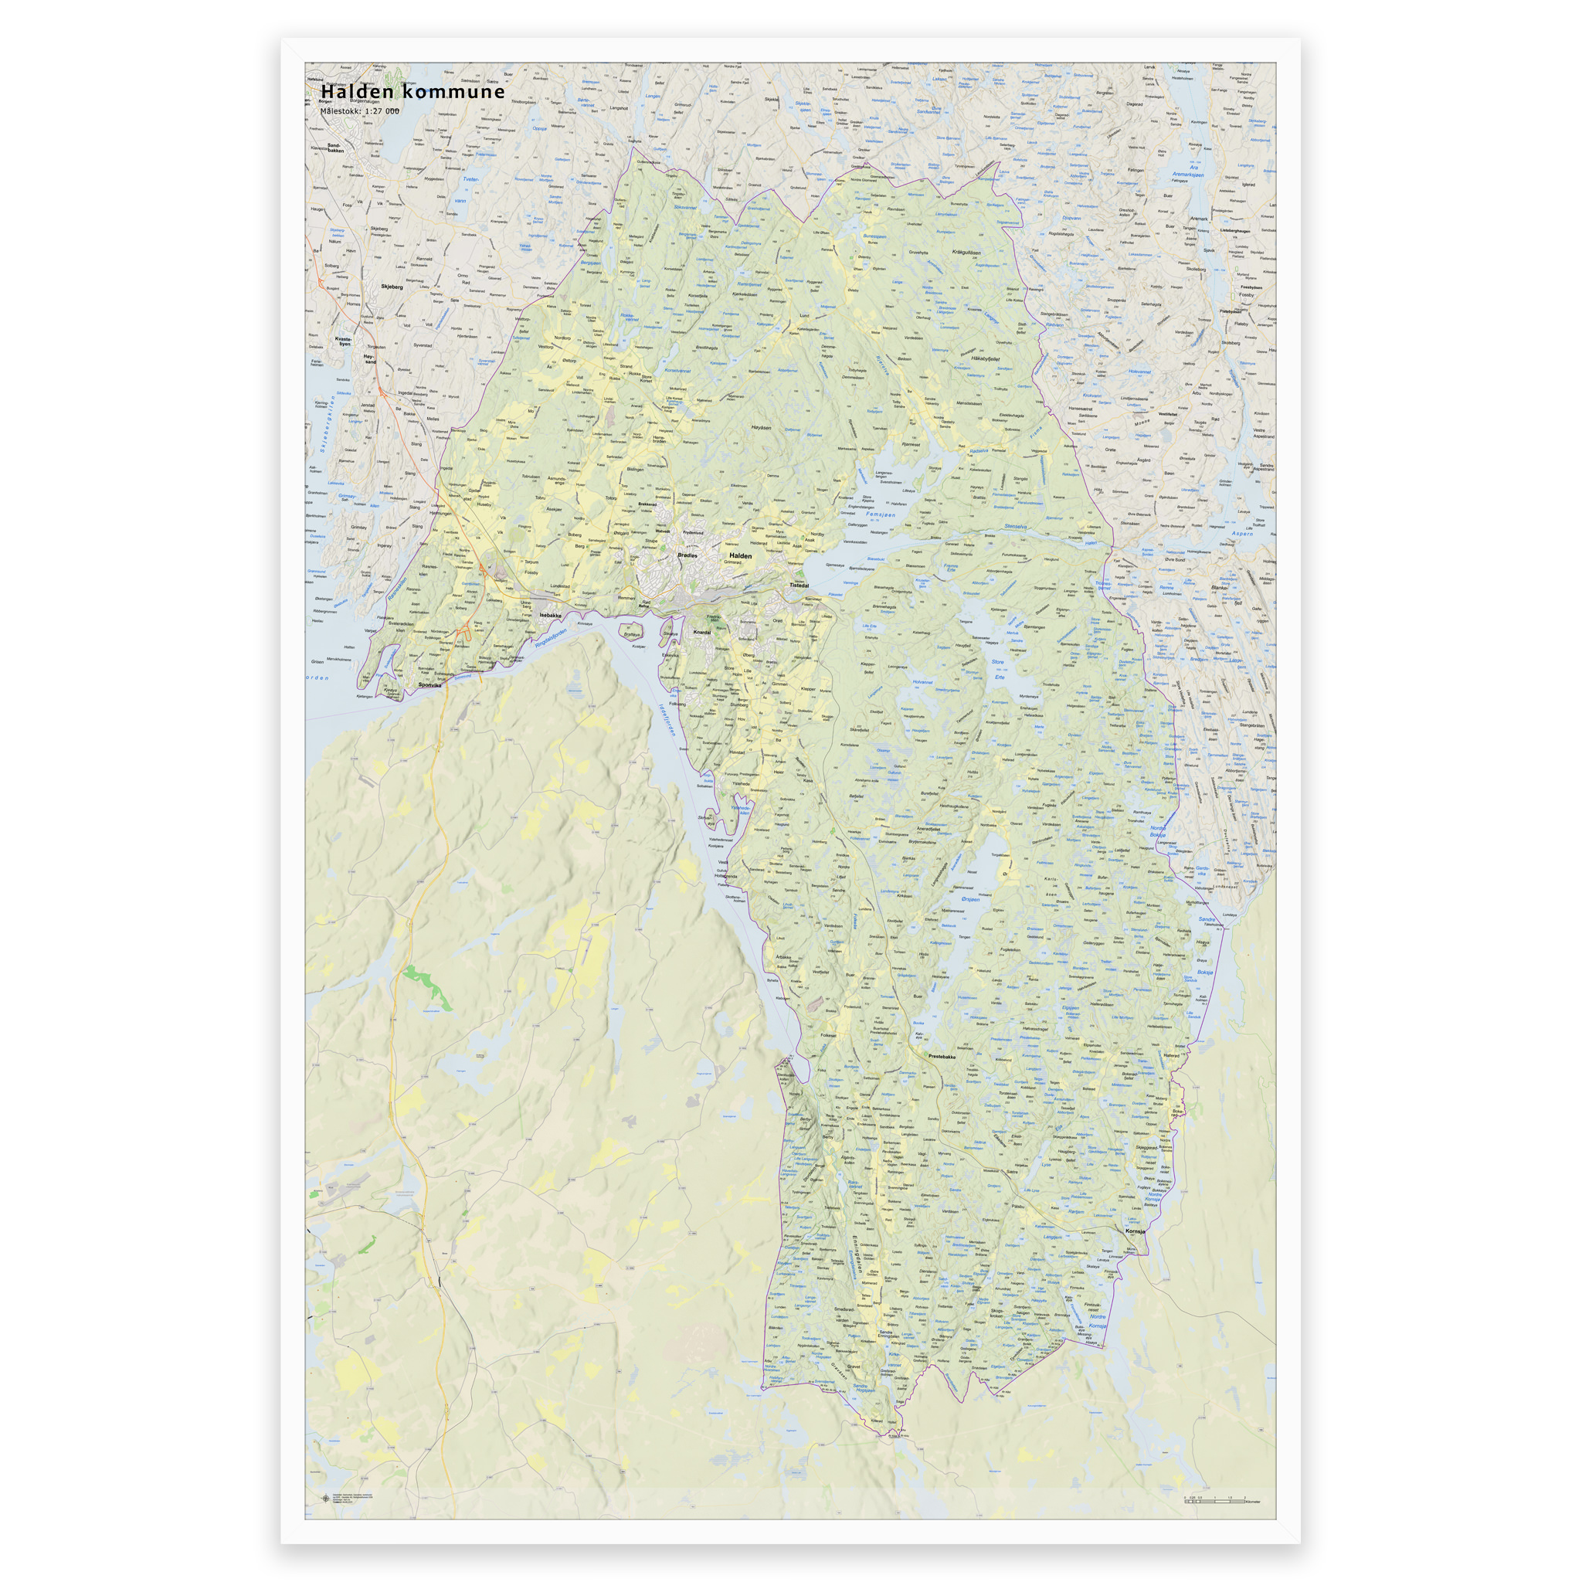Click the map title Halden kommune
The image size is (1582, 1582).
coord(412,92)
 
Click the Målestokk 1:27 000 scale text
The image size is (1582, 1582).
coord(360,111)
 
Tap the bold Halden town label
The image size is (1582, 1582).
coord(740,555)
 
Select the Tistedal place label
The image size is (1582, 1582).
coord(799,586)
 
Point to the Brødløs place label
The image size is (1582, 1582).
coord(687,555)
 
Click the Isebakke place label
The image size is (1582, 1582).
coord(550,615)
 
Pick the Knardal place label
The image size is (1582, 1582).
coord(701,632)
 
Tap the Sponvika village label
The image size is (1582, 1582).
coord(429,684)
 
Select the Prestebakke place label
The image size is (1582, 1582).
coord(942,1056)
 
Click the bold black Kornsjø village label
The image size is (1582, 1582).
coord(1136,1231)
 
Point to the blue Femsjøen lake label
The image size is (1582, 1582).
coord(881,515)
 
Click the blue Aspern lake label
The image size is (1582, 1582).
coord(1241,534)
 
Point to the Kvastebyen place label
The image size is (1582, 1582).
coord(343,341)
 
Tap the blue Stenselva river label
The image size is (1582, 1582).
coord(1014,527)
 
